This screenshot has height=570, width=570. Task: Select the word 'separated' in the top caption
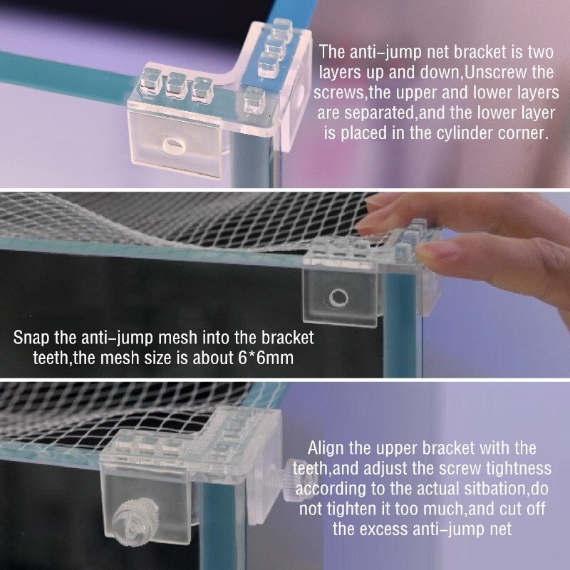[x=379, y=113]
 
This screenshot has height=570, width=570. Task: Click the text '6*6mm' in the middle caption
[x=266, y=358]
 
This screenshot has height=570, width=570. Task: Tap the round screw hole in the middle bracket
[x=338, y=298]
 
